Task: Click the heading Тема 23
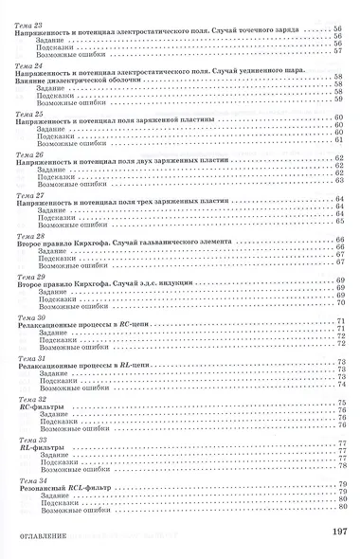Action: click(29, 22)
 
